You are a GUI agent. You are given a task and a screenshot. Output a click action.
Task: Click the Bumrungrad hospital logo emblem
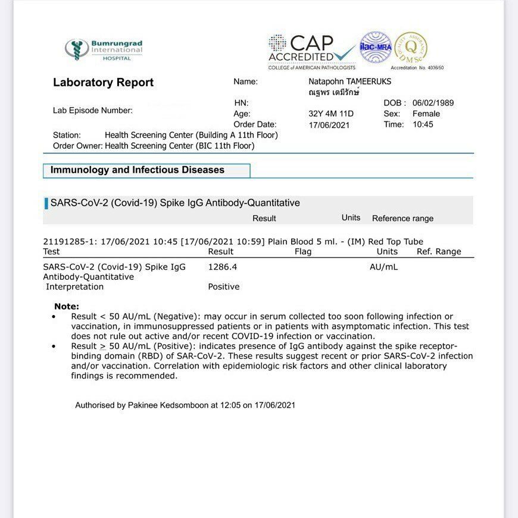[x=77, y=50]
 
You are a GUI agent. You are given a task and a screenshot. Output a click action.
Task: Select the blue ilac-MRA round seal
[x=375, y=47]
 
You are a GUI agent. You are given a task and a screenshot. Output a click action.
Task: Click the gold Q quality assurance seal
[x=411, y=47]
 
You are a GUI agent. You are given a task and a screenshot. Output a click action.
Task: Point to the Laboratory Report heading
[x=103, y=83]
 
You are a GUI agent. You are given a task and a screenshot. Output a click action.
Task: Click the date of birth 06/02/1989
[x=433, y=103]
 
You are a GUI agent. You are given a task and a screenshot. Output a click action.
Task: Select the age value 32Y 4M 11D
[x=330, y=114]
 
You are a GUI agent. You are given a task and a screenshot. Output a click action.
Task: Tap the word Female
[x=426, y=114]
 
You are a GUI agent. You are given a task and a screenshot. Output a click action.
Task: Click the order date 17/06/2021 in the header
[x=329, y=125]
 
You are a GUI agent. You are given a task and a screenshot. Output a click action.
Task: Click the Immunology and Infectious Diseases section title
[x=137, y=170]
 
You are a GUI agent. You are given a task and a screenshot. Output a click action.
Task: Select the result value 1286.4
[x=222, y=267]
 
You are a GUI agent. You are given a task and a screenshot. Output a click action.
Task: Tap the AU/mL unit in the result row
[x=383, y=267]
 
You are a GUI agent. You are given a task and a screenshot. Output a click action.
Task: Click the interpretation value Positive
[x=223, y=286]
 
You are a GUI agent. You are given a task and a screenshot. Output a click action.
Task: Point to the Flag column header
[x=303, y=251]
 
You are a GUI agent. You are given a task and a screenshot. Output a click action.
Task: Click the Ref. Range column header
[x=439, y=251]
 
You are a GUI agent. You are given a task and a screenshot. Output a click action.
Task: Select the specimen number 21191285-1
[x=69, y=241]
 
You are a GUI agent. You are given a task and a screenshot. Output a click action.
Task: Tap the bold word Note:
[x=66, y=306]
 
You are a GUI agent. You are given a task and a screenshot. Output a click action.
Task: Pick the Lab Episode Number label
[x=92, y=110]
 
